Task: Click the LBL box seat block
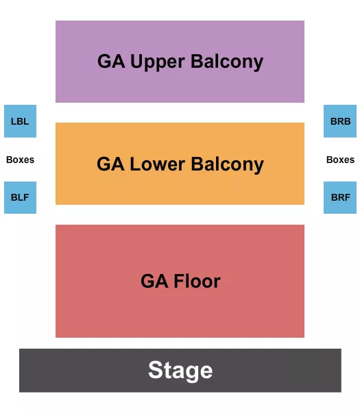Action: (x=20, y=121)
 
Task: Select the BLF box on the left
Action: (x=20, y=197)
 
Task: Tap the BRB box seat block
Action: (x=340, y=121)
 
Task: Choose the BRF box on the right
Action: (x=340, y=197)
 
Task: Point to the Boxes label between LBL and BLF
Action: (x=20, y=160)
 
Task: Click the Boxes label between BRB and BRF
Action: (x=340, y=160)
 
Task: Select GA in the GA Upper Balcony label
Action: (x=110, y=62)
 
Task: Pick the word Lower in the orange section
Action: (x=157, y=164)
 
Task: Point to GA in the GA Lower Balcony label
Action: (x=110, y=164)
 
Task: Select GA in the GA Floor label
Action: (x=154, y=282)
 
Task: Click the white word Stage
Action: (x=180, y=371)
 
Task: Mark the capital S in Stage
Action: (x=155, y=371)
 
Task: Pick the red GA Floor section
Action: (x=180, y=312)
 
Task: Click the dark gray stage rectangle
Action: (x=69, y=371)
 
